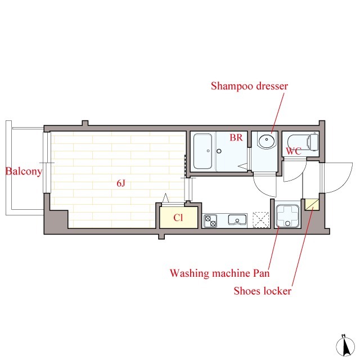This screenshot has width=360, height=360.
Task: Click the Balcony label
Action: coord(24,171)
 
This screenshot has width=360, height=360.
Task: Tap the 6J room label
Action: coord(121,183)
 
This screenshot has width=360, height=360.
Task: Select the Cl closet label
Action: coord(178,218)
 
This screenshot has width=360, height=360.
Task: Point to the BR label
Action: coord(236,137)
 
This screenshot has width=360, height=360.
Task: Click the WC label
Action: coord(294,151)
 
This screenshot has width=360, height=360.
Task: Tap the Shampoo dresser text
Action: coord(249,86)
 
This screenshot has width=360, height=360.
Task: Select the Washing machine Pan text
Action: coord(219,273)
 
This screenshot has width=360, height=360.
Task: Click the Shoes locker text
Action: coord(263,291)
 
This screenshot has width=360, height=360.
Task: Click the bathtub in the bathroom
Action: coord(202,151)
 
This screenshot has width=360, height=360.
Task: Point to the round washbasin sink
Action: coord(267,140)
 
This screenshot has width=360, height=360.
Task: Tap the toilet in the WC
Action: coord(303,142)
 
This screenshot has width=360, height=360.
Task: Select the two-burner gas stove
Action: coord(210,221)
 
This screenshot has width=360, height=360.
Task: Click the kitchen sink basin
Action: coord(237,220)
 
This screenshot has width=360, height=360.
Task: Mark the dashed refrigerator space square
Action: coord(261,220)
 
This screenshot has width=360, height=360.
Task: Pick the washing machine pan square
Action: coord(287,216)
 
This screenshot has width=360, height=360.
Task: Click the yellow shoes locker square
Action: coord(312,205)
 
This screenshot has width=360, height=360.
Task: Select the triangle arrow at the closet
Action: coord(165,198)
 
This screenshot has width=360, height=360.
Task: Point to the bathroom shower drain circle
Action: coord(219,151)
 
